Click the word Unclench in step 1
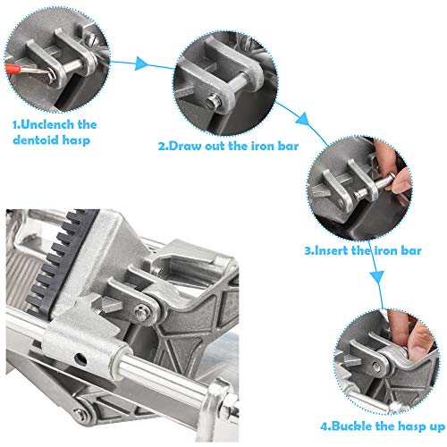(x=55, y=124)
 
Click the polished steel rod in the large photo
(x=179, y=375)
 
